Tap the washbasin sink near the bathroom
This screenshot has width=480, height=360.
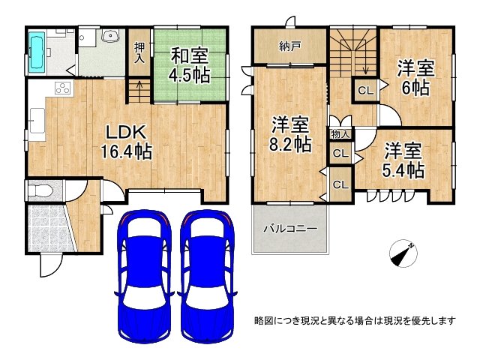(x=111, y=37)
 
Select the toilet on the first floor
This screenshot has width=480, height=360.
(x=39, y=192)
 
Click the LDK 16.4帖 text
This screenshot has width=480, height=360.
(x=127, y=140)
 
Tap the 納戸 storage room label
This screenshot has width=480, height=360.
(x=290, y=46)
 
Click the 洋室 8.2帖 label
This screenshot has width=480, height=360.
(x=291, y=133)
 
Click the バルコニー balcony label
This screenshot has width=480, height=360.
(x=289, y=229)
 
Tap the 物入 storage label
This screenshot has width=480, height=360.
(x=340, y=133)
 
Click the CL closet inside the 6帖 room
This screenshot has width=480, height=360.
(x=365, y=91)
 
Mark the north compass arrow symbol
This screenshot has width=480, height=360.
(x=403, y=255)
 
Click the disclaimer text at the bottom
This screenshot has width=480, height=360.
(x=355, y=320)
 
